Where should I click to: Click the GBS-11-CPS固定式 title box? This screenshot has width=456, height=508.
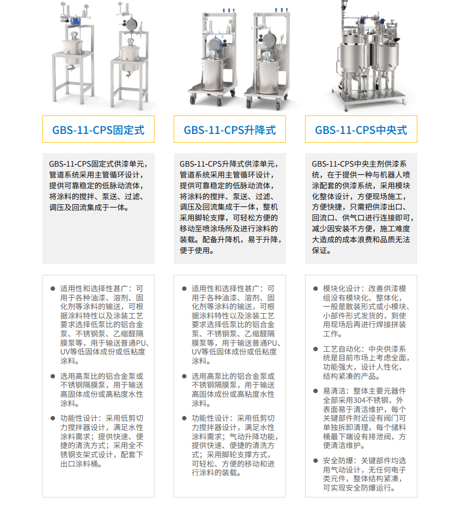98,129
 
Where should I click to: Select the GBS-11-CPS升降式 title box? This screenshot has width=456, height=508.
230,129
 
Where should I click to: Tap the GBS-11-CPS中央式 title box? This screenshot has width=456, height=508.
361,129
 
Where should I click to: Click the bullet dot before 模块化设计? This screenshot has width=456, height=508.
315,289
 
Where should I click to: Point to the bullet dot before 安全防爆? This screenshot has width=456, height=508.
315,461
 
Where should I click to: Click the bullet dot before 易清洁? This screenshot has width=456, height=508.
315,391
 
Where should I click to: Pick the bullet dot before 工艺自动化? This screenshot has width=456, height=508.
315,349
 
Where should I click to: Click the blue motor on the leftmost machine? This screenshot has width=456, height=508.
76,20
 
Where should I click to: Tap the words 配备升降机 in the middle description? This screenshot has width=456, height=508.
221,240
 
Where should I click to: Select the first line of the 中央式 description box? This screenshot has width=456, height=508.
359,164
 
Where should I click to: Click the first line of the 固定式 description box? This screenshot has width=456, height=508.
98,164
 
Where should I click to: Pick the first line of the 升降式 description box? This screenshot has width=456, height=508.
229,164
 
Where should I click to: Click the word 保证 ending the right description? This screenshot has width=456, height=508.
319,250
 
